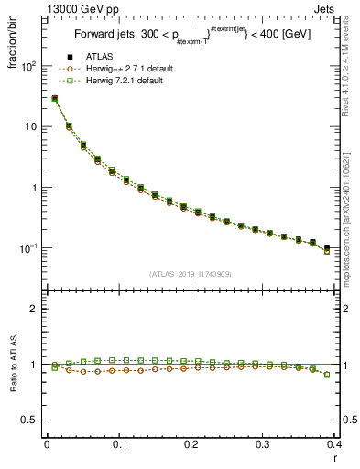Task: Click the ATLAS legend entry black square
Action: click(x=70, y=58)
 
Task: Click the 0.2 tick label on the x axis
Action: click(x=191, y=444)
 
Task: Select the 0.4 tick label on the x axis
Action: click(x=334, y=444)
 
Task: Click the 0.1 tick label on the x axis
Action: click(x=119, y=444)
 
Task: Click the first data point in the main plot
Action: click(x=54, y=98)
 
